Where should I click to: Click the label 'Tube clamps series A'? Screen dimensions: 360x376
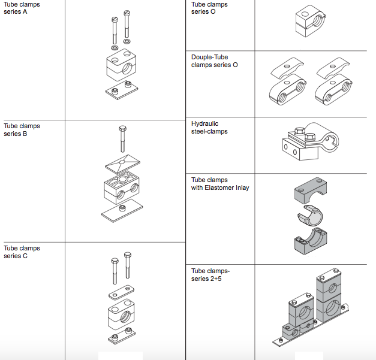[22, 8]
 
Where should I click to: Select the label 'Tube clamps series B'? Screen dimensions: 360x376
[22, 130]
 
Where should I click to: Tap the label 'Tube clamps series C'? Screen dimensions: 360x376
[22, 252]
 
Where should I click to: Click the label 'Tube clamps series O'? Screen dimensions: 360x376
[209, 8]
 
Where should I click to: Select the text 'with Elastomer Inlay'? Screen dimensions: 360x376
[220, 187]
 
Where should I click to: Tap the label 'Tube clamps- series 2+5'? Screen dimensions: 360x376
[210, 274]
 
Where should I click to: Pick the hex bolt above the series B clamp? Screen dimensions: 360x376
[122, 138]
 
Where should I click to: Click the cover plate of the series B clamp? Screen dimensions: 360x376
[122, 162]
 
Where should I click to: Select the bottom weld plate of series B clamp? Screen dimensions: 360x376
[122, 211]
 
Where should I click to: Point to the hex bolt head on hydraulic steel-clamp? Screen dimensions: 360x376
[310, 137]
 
